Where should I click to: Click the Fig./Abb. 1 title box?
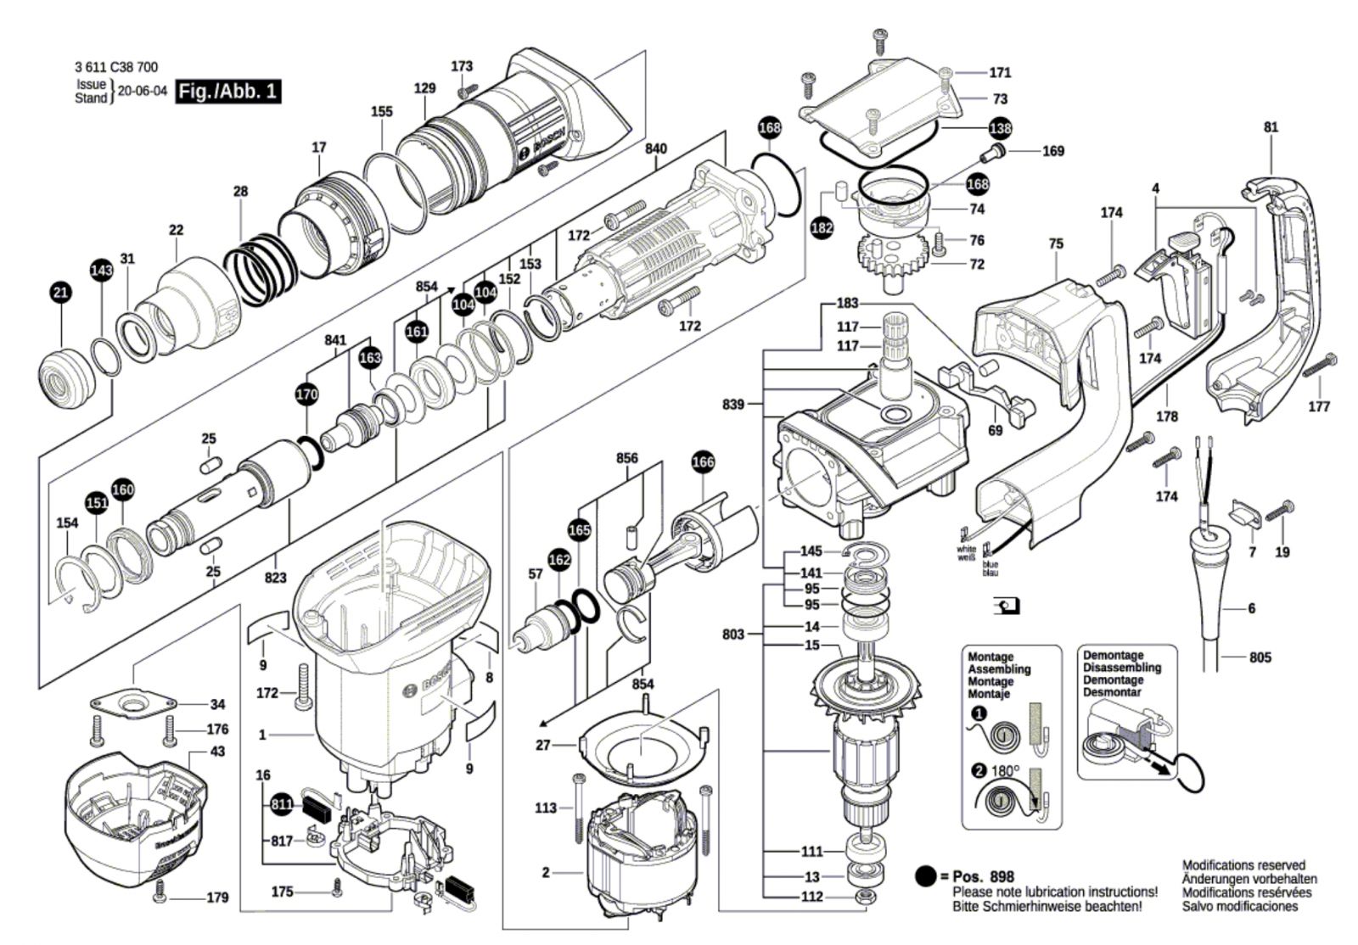[x=227, y=92]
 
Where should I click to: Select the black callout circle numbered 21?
[x=60, y=294]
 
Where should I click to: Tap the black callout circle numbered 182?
[x=822, y=227]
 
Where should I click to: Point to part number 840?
[x=655, y=148]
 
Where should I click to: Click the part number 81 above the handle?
[x=1271, y=127]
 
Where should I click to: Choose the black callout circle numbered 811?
[x=282, y=803]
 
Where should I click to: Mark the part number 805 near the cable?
[x=1260, y=657]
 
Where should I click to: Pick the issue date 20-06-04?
[x=143, y=92]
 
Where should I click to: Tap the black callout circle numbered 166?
[x=703, y=462]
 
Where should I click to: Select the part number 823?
[x=275, y=579]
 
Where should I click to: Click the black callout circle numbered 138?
[x=1000, y=129]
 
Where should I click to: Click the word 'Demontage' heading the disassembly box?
[x=1113, y=655]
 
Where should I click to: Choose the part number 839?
[x=733, y=405]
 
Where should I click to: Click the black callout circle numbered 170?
[x=306, y=394]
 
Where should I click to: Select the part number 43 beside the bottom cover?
[x=217, y=752]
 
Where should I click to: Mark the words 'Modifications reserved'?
[x=1243, y=865]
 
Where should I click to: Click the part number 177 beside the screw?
[x=1319, y=407]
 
